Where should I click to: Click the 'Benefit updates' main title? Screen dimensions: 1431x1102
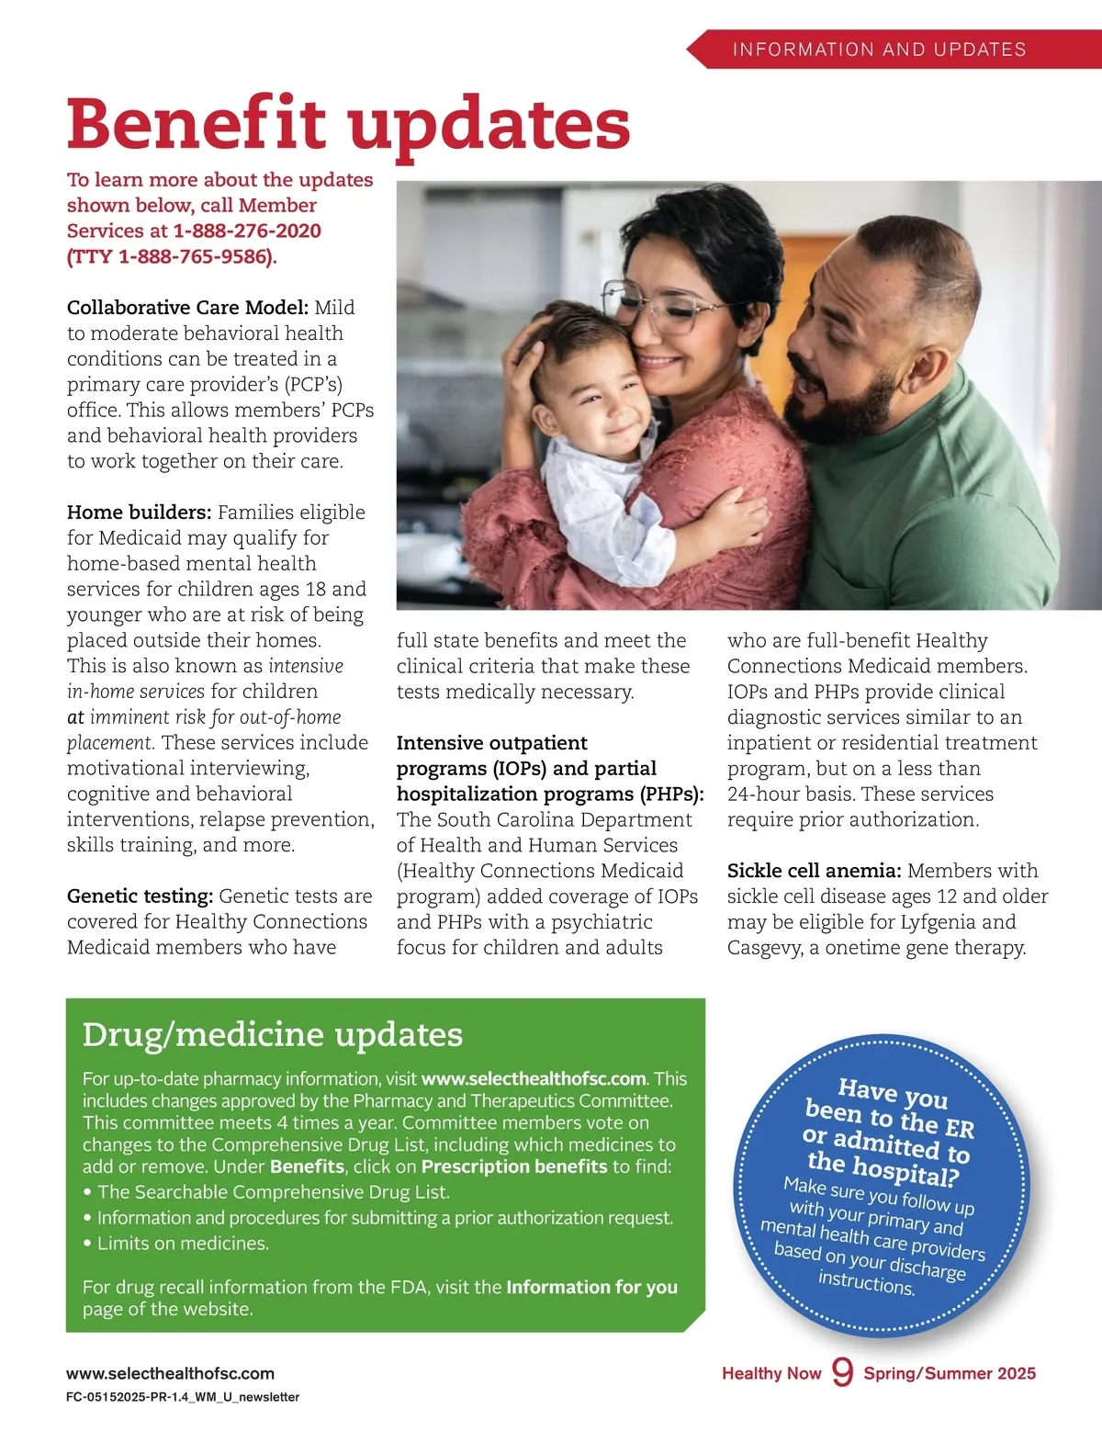[348, 124]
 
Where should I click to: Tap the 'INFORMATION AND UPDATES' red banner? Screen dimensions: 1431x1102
[879, 50]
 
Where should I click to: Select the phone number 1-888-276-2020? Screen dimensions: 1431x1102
[247, 231]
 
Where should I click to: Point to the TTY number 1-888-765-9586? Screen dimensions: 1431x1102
[196, 256]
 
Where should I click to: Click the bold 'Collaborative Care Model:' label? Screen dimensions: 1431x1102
[187, 308]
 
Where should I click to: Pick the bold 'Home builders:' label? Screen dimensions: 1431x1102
[139, 513]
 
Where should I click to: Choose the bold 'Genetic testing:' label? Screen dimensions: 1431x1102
[140, 896]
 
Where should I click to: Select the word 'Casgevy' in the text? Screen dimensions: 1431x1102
[764, 948]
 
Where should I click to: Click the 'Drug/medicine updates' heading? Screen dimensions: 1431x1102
[272, 1035]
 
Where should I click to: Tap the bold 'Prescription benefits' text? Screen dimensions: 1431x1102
[514, 1167]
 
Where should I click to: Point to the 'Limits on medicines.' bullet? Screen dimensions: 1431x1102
[183, 1244]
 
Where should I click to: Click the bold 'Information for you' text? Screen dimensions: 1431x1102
[591, 1288]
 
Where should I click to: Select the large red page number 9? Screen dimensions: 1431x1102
[842, 1372]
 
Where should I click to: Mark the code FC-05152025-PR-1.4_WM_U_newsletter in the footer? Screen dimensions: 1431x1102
[183, 1397]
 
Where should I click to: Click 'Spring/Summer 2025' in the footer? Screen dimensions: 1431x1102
[949, 1374]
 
